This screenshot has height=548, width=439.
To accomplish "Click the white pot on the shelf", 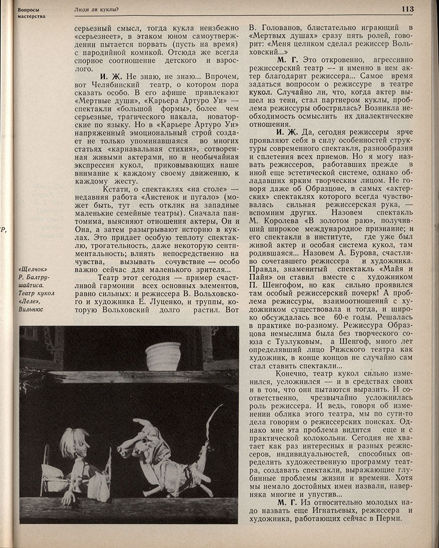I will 163,356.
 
